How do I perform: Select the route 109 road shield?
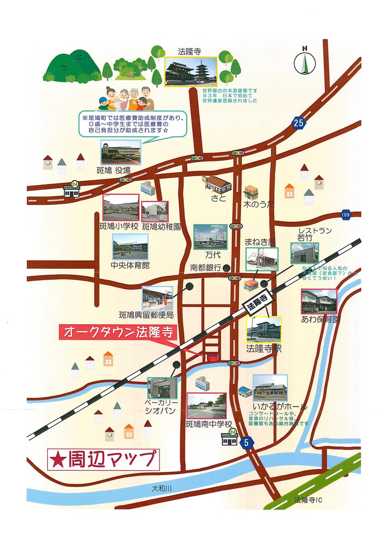click(346, 215)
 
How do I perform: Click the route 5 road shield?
click(246, 443)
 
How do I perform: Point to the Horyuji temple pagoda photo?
click(191, 72)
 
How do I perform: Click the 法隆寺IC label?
click(308, 500)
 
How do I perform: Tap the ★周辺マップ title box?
click(103, 459)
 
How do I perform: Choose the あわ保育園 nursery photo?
click(319, 301)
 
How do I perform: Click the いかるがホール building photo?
click(270, 388)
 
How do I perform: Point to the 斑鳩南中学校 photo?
click(206, 406)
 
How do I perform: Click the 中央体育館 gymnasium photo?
click(130, 247)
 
